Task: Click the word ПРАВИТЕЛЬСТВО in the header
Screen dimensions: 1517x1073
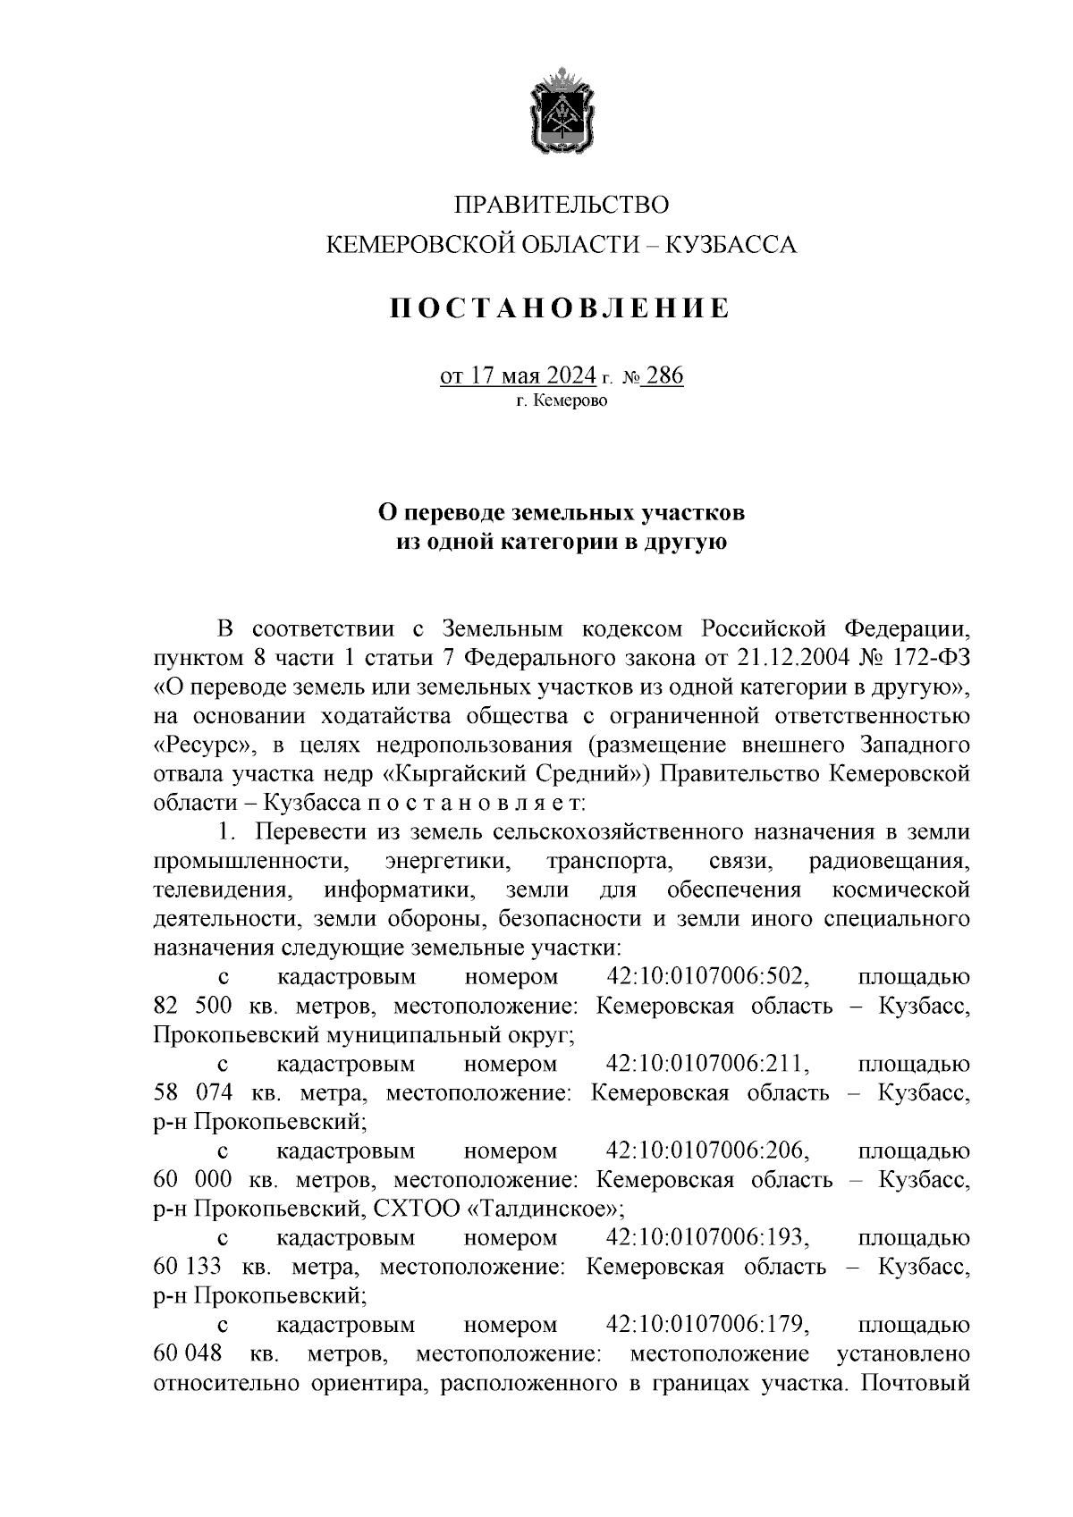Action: (x=562, y=205)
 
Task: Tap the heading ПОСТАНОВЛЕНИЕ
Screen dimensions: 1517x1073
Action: (x=561, y=309)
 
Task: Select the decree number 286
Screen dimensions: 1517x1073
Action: (x=664, y=376)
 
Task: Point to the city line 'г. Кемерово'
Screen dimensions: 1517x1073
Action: (x=562, y=401)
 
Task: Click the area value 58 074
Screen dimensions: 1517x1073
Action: (x=193, y=1092)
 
